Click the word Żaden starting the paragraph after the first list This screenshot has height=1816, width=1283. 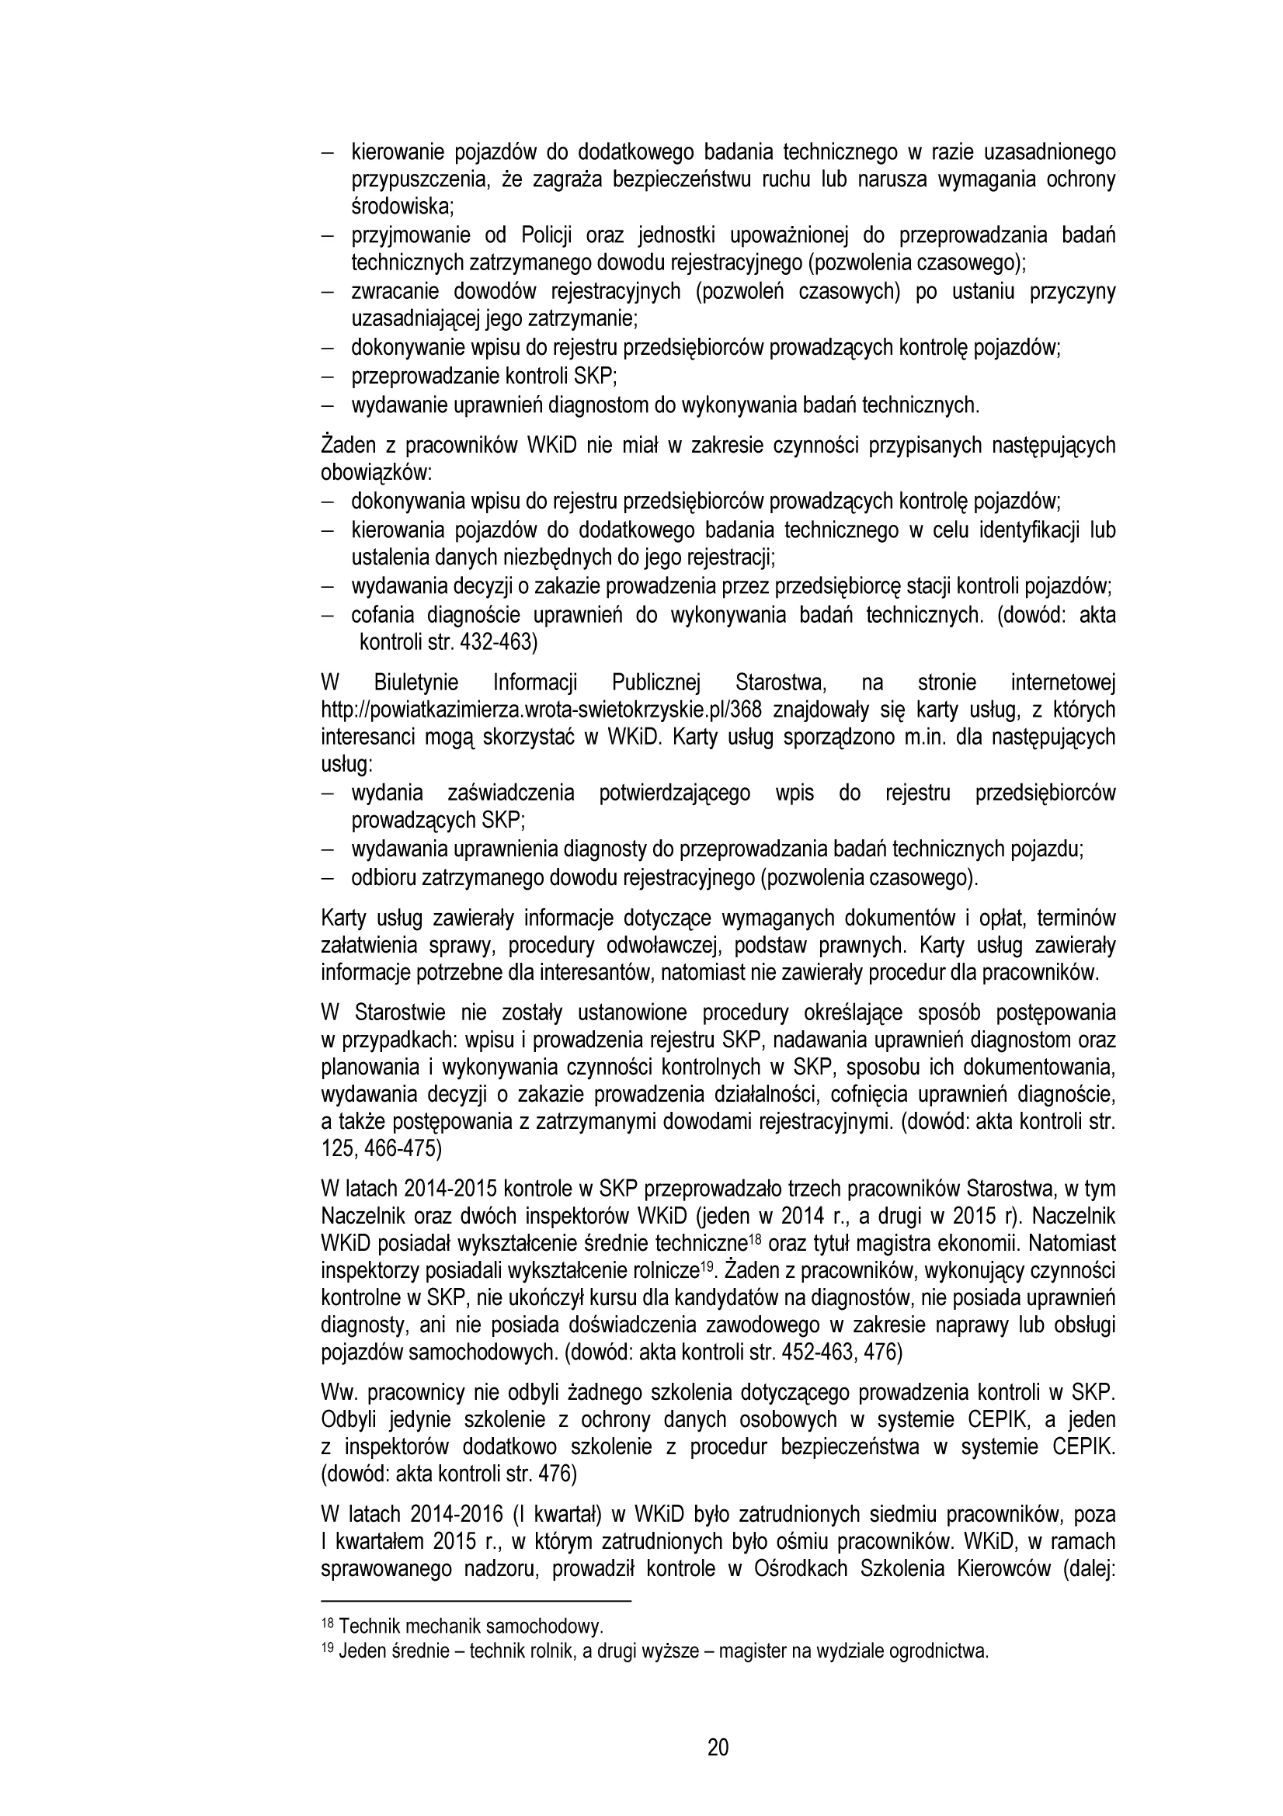[344, 446]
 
